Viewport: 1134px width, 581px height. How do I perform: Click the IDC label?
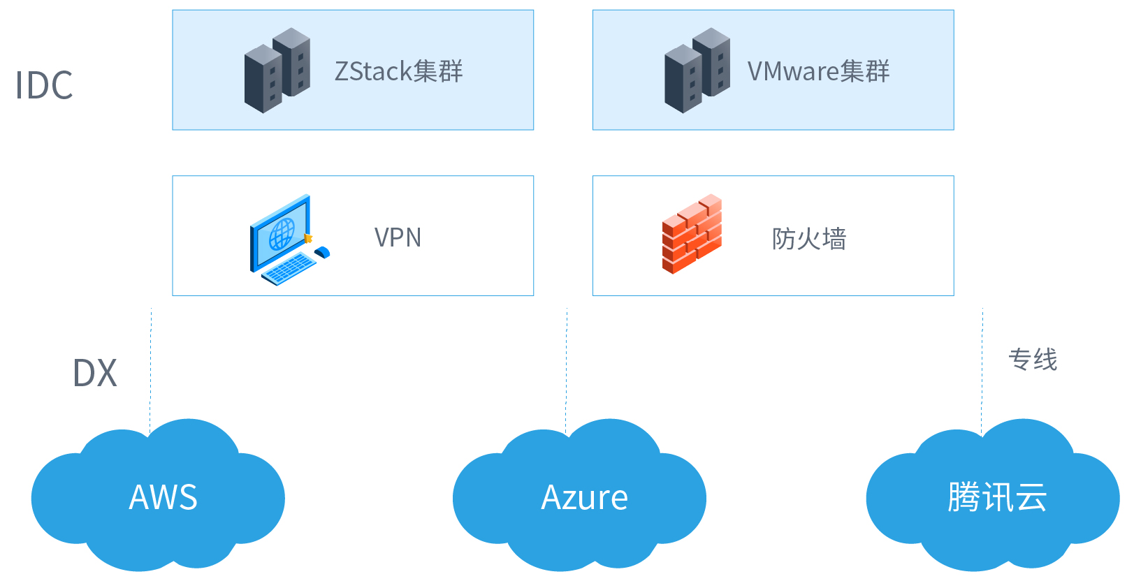pyautogui.click(x=44, y=85)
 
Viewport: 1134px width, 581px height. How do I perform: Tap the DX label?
pyautogui.click(x=94, y=373)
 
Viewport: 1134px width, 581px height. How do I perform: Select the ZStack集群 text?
pyautogui.click(x=398, y=71)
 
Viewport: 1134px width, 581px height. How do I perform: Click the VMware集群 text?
pyautogui.click(x=818, y=71)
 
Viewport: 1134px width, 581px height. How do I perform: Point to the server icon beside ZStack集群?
pyautogui.click(x=277, y=71)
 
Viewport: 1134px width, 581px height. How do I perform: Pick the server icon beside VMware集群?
pyautogui.click(x=697, y=71)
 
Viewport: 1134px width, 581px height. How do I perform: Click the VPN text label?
pyautogui.click(x=398, y=237)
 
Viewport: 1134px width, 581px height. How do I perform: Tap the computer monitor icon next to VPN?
pyautogui.click(x=280, y=233)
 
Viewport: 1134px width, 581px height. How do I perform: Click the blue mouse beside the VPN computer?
pyautogui.click(x=323, y=252)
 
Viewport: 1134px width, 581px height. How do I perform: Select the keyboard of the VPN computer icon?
pyautogui.click(x=289, y=268)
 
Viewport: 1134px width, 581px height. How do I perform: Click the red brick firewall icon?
pyautogui.click(x=692, y=234)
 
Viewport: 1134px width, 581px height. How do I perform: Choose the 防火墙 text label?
pyautogui.click(x=809, y=238)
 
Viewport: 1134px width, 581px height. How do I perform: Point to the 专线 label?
pyautogui.click(x=1033, y=360)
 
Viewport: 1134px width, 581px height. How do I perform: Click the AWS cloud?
pyautogui.click(x=158, y=497)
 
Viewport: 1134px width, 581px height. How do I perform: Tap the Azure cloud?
pyautogui.click(x=579, y=497)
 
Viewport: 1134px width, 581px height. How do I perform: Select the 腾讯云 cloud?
pyautogui.click(x=993, y=497)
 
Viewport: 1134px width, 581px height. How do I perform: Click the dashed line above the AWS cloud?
pyautogui.click(x=150, y=371)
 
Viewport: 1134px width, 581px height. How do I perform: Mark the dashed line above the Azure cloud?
pyautogui.click(x=566, y=371)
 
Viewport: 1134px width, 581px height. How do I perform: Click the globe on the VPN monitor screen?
pyautogui.click(x=282, y=235)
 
